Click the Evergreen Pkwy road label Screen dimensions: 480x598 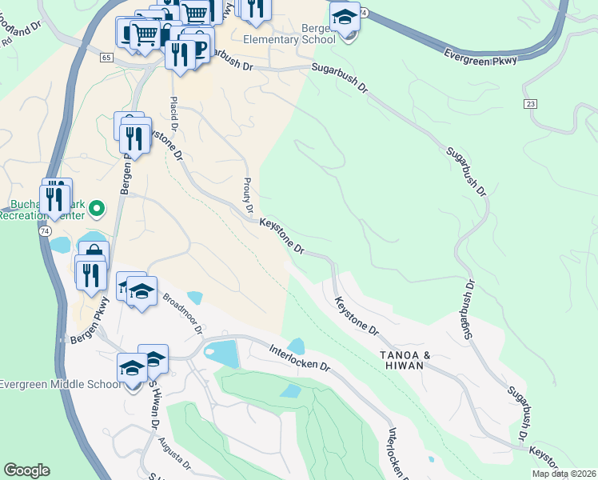coord(482,54)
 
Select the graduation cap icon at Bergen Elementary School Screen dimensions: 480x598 coord(345,16)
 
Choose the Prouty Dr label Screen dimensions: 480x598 coord(248,194)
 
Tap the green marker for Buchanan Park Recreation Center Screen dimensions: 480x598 coord(97,210)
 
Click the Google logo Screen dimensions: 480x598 coord(26,470)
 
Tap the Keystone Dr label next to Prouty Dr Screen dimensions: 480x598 coord(282,238)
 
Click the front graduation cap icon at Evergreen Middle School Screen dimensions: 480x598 coord(133,369)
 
